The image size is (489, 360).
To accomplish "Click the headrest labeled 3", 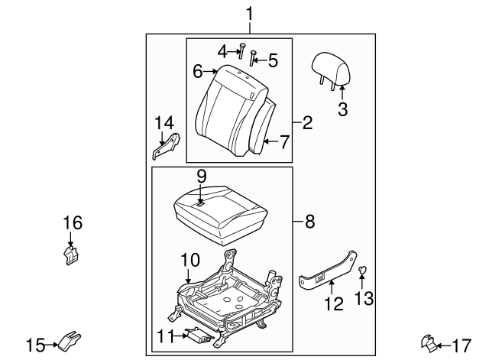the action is point(331,70).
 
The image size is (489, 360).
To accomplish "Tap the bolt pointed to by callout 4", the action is point(241,51).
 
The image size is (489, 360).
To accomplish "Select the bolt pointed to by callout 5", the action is point(253,58).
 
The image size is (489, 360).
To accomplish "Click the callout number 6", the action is point(198,71).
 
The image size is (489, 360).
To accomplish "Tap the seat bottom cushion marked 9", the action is point(221,216).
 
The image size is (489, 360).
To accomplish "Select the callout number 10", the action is point(190,260).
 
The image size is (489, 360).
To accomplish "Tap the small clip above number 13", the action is point(362,270).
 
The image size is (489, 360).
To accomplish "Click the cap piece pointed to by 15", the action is point(70,340).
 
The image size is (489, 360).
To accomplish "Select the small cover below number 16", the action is point(71,255).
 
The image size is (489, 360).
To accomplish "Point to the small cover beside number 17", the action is point(429,344).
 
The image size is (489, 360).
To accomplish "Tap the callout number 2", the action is point(307,122).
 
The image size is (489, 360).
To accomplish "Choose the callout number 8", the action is point(310,222).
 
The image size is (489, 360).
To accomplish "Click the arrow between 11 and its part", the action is point(180,336).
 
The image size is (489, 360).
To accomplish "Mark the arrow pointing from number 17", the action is point(443,345).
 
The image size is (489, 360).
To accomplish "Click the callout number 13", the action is point(364,298).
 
